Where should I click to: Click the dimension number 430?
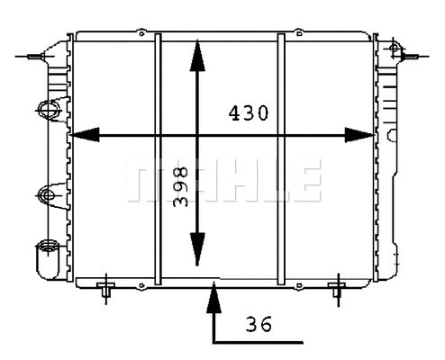point(248,114)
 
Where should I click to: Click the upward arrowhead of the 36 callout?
point(213,293)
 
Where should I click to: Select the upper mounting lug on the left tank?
point(47,110)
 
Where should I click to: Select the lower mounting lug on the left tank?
point(47,193)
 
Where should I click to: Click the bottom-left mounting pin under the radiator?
point(107,288)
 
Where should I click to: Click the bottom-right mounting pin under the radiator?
point(338,288)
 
